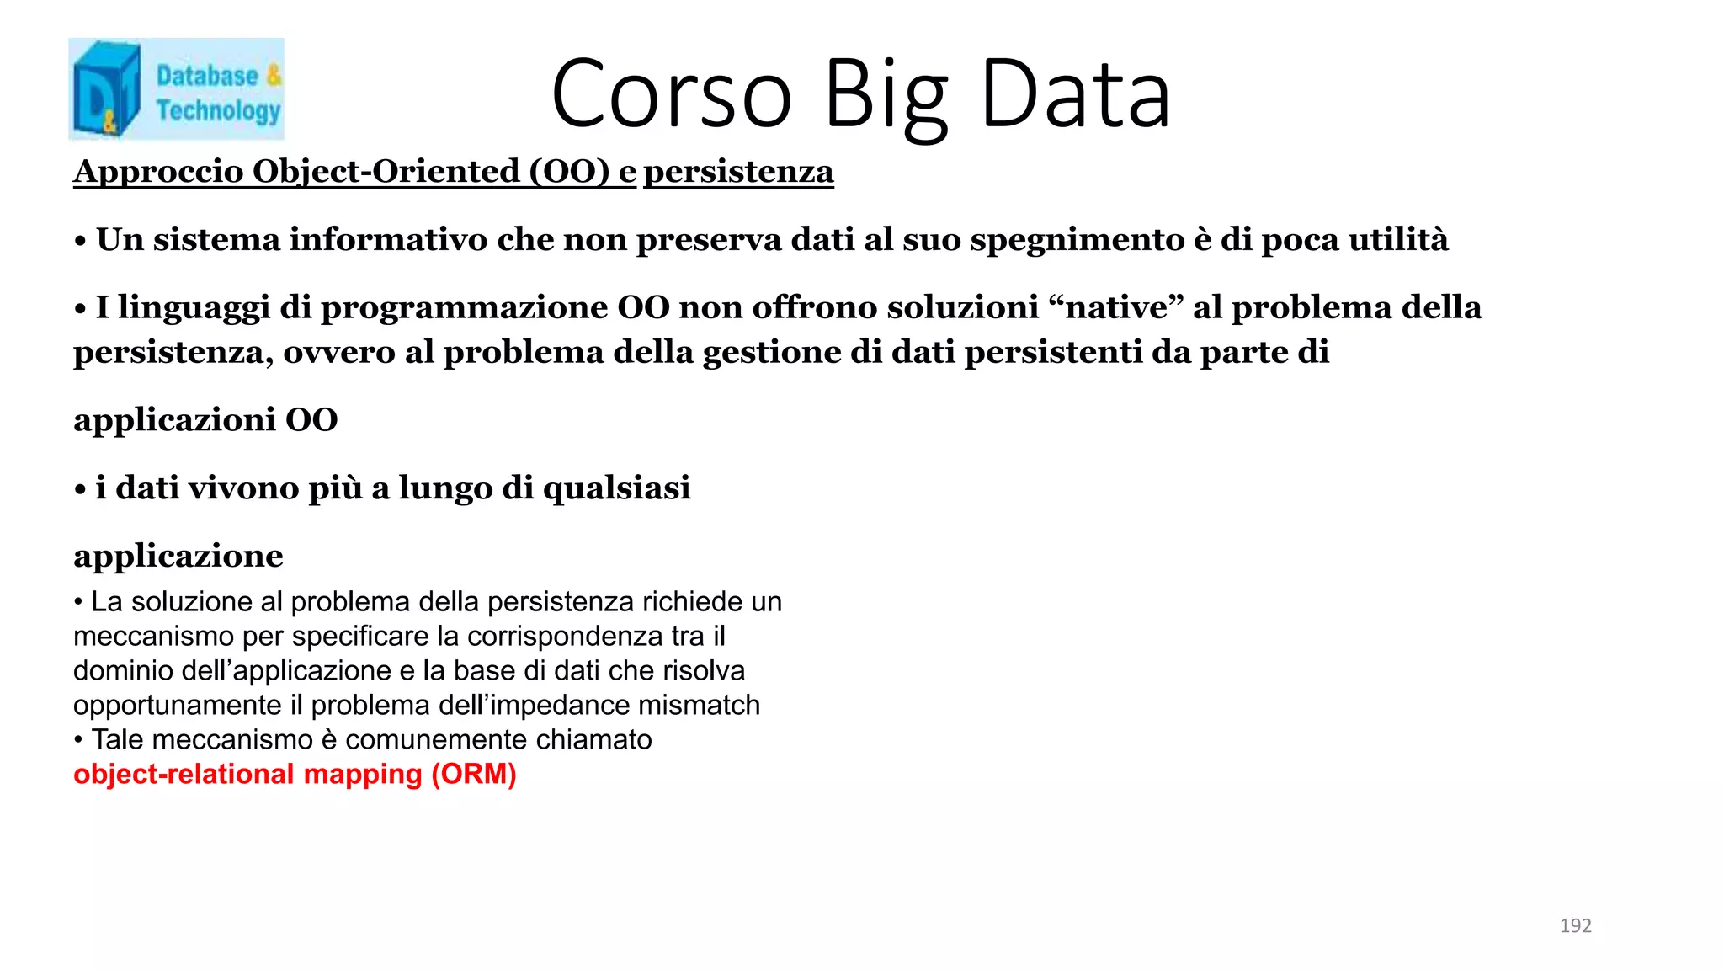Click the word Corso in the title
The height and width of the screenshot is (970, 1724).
click(x=672, y=93)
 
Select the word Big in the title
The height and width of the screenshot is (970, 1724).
click(x=886, y=93)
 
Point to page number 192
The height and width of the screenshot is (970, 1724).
click(x=1575, y=925)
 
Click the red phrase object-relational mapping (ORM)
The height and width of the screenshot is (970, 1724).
click(x=295, y=774)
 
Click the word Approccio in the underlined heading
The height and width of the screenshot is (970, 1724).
click(x=158, y=172)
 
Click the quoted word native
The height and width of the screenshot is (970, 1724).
click(x=1117, y=307)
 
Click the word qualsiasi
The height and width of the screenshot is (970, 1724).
click(x=617, y=488)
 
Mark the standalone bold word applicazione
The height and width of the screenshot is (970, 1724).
click(x=178, y=557)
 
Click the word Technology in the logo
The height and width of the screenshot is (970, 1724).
click(x=218, y=110)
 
